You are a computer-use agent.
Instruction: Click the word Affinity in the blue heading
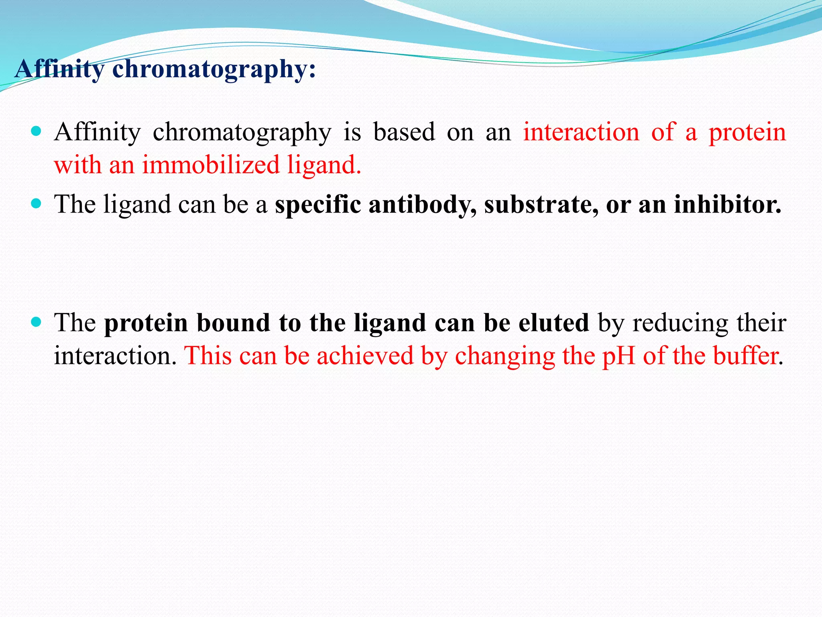[59, 69]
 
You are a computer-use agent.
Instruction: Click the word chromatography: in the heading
[214, 69]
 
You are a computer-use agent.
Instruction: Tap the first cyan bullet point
[36, 131]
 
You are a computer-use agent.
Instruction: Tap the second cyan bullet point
[36, 204]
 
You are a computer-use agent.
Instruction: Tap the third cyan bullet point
[36, 322]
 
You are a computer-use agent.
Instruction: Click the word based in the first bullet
[404, 132]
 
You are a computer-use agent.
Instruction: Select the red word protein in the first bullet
[747, 132]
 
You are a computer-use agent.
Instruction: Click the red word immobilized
[211, 165]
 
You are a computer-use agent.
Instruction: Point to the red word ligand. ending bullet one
[324, 165]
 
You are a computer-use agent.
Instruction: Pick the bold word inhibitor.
[727, 204]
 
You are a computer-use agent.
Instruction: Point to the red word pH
[619, 356]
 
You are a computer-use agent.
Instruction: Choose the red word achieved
[365, 356]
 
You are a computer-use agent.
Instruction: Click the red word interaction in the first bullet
[581, 132]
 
